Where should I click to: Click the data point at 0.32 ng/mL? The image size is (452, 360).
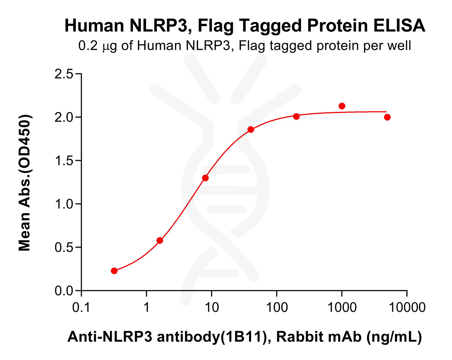pyautogui.click(x=114, y=271)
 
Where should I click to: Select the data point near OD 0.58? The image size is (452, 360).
pyautogui.click(x=160, y=240)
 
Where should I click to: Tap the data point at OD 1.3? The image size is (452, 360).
pyautogui.click(x=205, y=178)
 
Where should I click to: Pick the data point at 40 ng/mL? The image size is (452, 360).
pyautogui.click(x=251, y=129)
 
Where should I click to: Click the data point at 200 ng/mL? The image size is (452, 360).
pyautogui.click(x=297, y=116)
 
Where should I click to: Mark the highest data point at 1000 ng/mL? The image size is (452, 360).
pyautogui.click(x=342, y=106)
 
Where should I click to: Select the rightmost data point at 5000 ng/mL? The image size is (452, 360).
pyautogui.click(x=387, y=117)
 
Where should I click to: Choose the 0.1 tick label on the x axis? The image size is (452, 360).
pyautogui.click(x=81, y=308)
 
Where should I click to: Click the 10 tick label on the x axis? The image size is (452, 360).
pyautogui.click(x=212, y=308)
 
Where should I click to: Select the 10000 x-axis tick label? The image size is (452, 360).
pyautogui.click(x=407, y=308)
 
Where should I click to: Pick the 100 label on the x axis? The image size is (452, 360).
pyautogui.click(x=277, y=308)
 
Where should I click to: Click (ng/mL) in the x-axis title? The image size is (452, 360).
pyautogui.click(x=394, y=337)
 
